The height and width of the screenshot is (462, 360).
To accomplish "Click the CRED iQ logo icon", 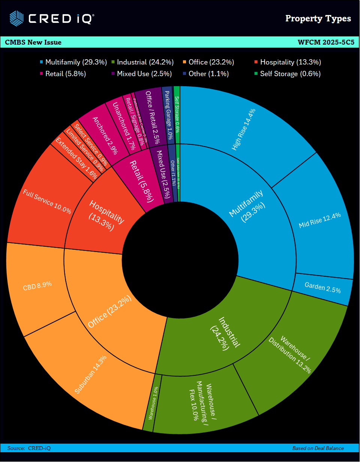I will pyautogui.click(x=16, y=18).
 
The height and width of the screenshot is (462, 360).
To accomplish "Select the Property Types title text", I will pyautogui.click(x=318, y=18).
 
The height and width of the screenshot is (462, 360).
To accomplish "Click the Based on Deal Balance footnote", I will pyautogui.click(x=318, y=448).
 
